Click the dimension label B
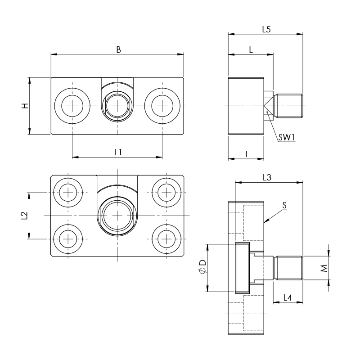(x=118, y=49)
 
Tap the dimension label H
(x=25, y=106)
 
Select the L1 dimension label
(x=118, y=152)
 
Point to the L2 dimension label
(x=24, y=216)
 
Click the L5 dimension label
(x=266, y=29)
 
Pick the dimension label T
(x=246, y=154)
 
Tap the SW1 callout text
(x=286, y=138)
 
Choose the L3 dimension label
(x=266, y=178)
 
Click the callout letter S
(x=284, y=205)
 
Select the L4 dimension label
(x=288, y=297)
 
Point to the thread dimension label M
(x=324, y=269)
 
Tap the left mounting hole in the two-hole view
(x=72, y=106)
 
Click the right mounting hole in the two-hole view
(x=162, y=106)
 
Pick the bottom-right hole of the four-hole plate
(x=166, y=238)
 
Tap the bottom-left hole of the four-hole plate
(x=67, y=238)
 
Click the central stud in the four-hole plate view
(x=117, y=216)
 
